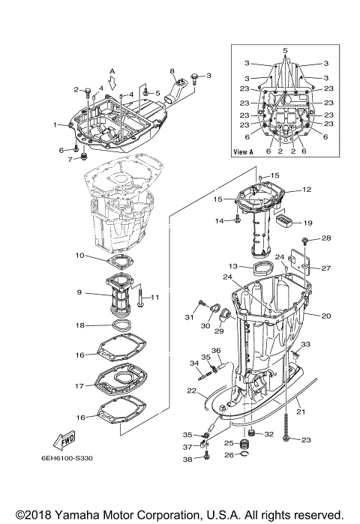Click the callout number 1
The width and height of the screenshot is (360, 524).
coord(54,124)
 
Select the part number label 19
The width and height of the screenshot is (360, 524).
coord(307,223)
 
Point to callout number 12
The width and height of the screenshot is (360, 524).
coord(306,190)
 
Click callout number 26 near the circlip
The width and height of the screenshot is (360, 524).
coord(264,454)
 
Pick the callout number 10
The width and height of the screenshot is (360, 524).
coord(79,256)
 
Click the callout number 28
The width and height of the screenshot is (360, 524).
coord(325,238)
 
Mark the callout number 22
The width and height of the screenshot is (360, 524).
coord(192,391)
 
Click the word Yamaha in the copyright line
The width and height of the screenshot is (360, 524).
coord(85,515)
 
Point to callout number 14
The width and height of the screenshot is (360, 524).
coord(220,220)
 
